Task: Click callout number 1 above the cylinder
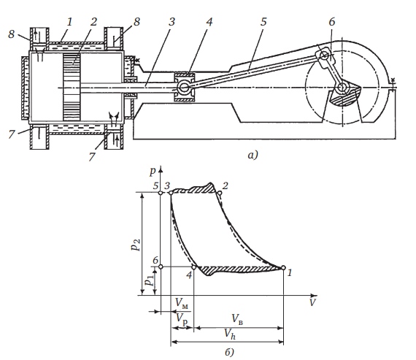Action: coord(69,22)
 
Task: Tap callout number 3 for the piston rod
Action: coord(172,22)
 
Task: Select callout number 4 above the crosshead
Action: coord(209,22)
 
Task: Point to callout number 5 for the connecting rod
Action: coord(263,22)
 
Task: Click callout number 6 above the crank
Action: coord(332,22)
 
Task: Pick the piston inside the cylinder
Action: coord(72,87)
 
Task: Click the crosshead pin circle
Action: coord(183,87)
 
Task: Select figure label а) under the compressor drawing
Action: coord(253,155)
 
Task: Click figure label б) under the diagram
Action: coord(229,352)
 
